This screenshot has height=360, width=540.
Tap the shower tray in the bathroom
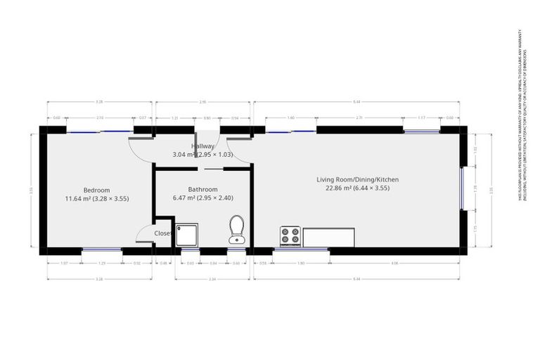click(188, 236)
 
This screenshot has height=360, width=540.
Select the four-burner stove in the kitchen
click(290, 236)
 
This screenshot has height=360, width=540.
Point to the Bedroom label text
click(96, 190)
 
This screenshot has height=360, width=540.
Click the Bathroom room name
click(202, 189)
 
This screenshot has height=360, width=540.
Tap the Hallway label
click(202, 146)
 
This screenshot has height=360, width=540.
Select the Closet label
click(163, 233)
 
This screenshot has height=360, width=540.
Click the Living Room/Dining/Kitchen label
click(361, 180)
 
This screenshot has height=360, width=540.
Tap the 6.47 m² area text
click(186, 198)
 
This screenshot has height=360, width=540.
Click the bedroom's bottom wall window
click(101, 250)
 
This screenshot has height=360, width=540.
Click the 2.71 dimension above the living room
click(359, 118)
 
